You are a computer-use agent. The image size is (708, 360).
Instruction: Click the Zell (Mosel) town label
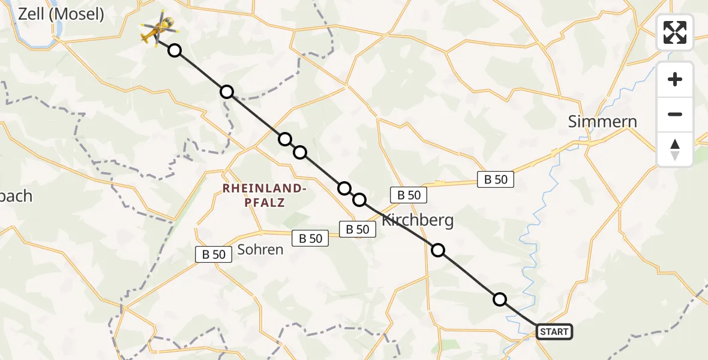[61, 14]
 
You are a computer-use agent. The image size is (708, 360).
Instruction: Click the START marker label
[554, 332]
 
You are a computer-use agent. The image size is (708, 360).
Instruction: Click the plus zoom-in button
[675, 79]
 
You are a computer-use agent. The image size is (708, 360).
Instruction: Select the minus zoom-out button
[675, 114]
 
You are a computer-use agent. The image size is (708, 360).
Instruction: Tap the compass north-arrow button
[675, 149]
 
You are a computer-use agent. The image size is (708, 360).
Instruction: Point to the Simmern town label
[602, 122]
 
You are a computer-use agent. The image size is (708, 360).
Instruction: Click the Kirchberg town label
[418, 220]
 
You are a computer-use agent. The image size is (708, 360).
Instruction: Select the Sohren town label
[260, 249]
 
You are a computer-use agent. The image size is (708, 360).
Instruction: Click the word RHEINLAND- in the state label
[265, 188]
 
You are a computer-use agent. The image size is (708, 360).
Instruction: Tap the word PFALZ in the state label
[265, 203]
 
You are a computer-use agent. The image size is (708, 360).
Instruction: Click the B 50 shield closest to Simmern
[496, 179]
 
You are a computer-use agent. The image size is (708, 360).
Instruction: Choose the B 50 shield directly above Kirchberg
[409, 194]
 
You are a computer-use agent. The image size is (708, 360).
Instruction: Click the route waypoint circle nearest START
[499, 299]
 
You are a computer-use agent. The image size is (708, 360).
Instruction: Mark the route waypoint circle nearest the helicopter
[174, 50]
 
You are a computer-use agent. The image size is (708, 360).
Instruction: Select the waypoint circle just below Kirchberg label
[439, 250]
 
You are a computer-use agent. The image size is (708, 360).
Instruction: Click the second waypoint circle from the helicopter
[226, 92]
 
